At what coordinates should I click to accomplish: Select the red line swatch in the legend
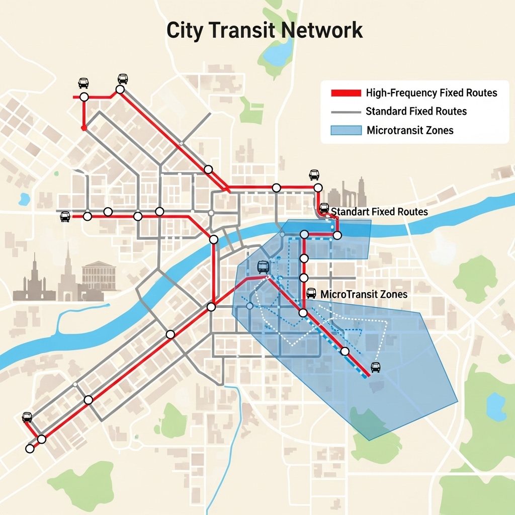point(346,93)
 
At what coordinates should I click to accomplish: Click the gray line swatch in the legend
point(346,112)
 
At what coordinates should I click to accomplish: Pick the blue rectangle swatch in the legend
point(346,130)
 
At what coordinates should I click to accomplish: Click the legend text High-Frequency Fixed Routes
point(432,93)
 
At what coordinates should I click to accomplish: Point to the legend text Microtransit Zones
point(410,131)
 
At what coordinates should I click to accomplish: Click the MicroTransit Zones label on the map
point(364,294)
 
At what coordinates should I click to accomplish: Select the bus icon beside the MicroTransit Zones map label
point(311,293)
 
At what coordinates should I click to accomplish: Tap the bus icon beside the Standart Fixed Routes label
point(324,209)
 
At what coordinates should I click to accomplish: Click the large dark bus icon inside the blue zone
point(263,267)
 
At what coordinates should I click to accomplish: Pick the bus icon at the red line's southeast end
point(375,367)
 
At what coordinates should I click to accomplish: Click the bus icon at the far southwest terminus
point(27,417)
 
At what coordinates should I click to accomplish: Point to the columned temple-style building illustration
point(98,275)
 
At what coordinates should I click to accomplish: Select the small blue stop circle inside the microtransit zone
point(249,305)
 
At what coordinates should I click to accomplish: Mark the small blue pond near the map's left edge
point(24,200)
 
